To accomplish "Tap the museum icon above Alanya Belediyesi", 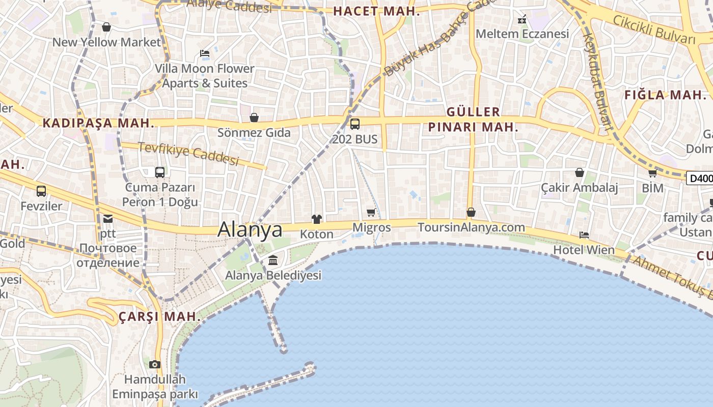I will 273,260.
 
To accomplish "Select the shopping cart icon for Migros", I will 371,213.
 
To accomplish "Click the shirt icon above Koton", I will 317,219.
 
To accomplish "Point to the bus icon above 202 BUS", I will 355,124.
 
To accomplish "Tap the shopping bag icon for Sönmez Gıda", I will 254,118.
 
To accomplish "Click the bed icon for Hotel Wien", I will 584,235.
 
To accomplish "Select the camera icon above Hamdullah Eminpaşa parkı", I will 155,364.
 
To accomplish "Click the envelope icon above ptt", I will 108,219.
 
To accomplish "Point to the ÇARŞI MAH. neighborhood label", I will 160,316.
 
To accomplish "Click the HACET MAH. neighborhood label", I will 376,11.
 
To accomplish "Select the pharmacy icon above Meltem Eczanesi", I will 522,20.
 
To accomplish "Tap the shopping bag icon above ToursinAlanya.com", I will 471,212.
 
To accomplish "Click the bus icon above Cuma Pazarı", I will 160,172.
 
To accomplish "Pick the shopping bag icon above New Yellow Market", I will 106,27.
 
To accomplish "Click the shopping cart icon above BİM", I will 652,173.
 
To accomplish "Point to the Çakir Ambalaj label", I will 580,188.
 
